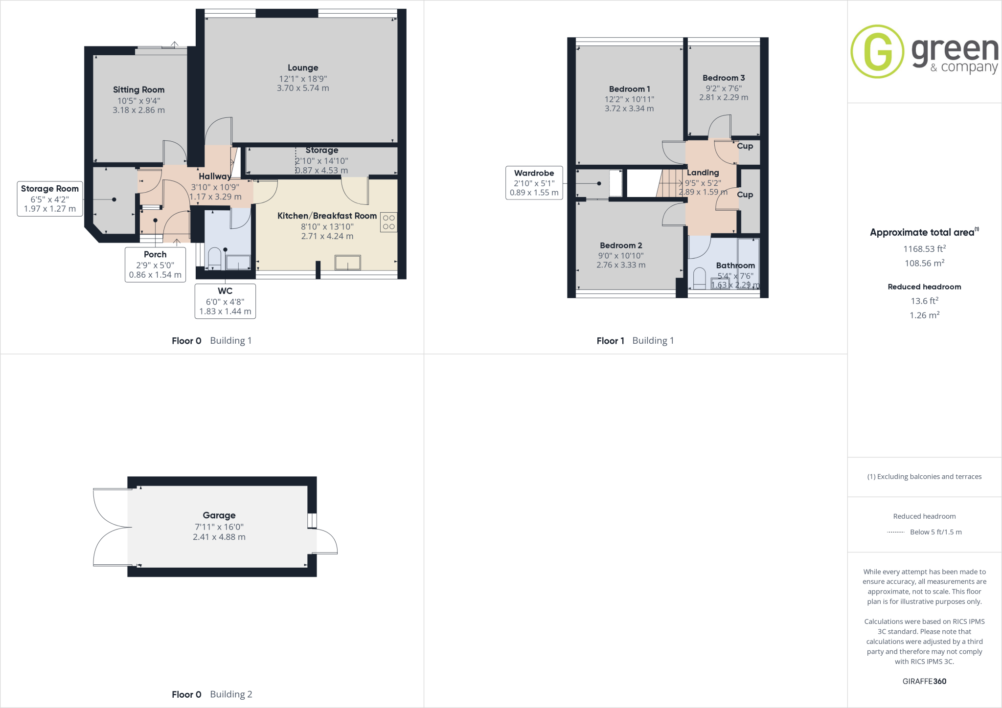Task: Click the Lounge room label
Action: (303, 68)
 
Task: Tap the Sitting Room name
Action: (138, 90)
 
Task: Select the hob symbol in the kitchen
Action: (388, 222)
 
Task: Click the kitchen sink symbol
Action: (347, 263)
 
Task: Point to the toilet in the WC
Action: (215, 258)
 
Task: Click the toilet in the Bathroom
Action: (700, 278)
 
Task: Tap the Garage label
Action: (219, 515)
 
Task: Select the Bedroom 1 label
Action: (629, 89)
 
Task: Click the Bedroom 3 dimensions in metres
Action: (724, 97)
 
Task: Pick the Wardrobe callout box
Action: (534, 183)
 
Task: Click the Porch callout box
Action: (155, 265)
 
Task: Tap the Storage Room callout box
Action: (50, 199)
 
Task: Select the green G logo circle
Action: (877, 51)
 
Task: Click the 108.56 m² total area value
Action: (924, 263)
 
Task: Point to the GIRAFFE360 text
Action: (924, 681)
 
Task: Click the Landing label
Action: (703, 173)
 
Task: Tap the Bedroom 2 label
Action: (621, 245)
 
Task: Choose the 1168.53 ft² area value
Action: (924, 249)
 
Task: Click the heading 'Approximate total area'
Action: (922, 233)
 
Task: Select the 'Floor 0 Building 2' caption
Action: (212, 694)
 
